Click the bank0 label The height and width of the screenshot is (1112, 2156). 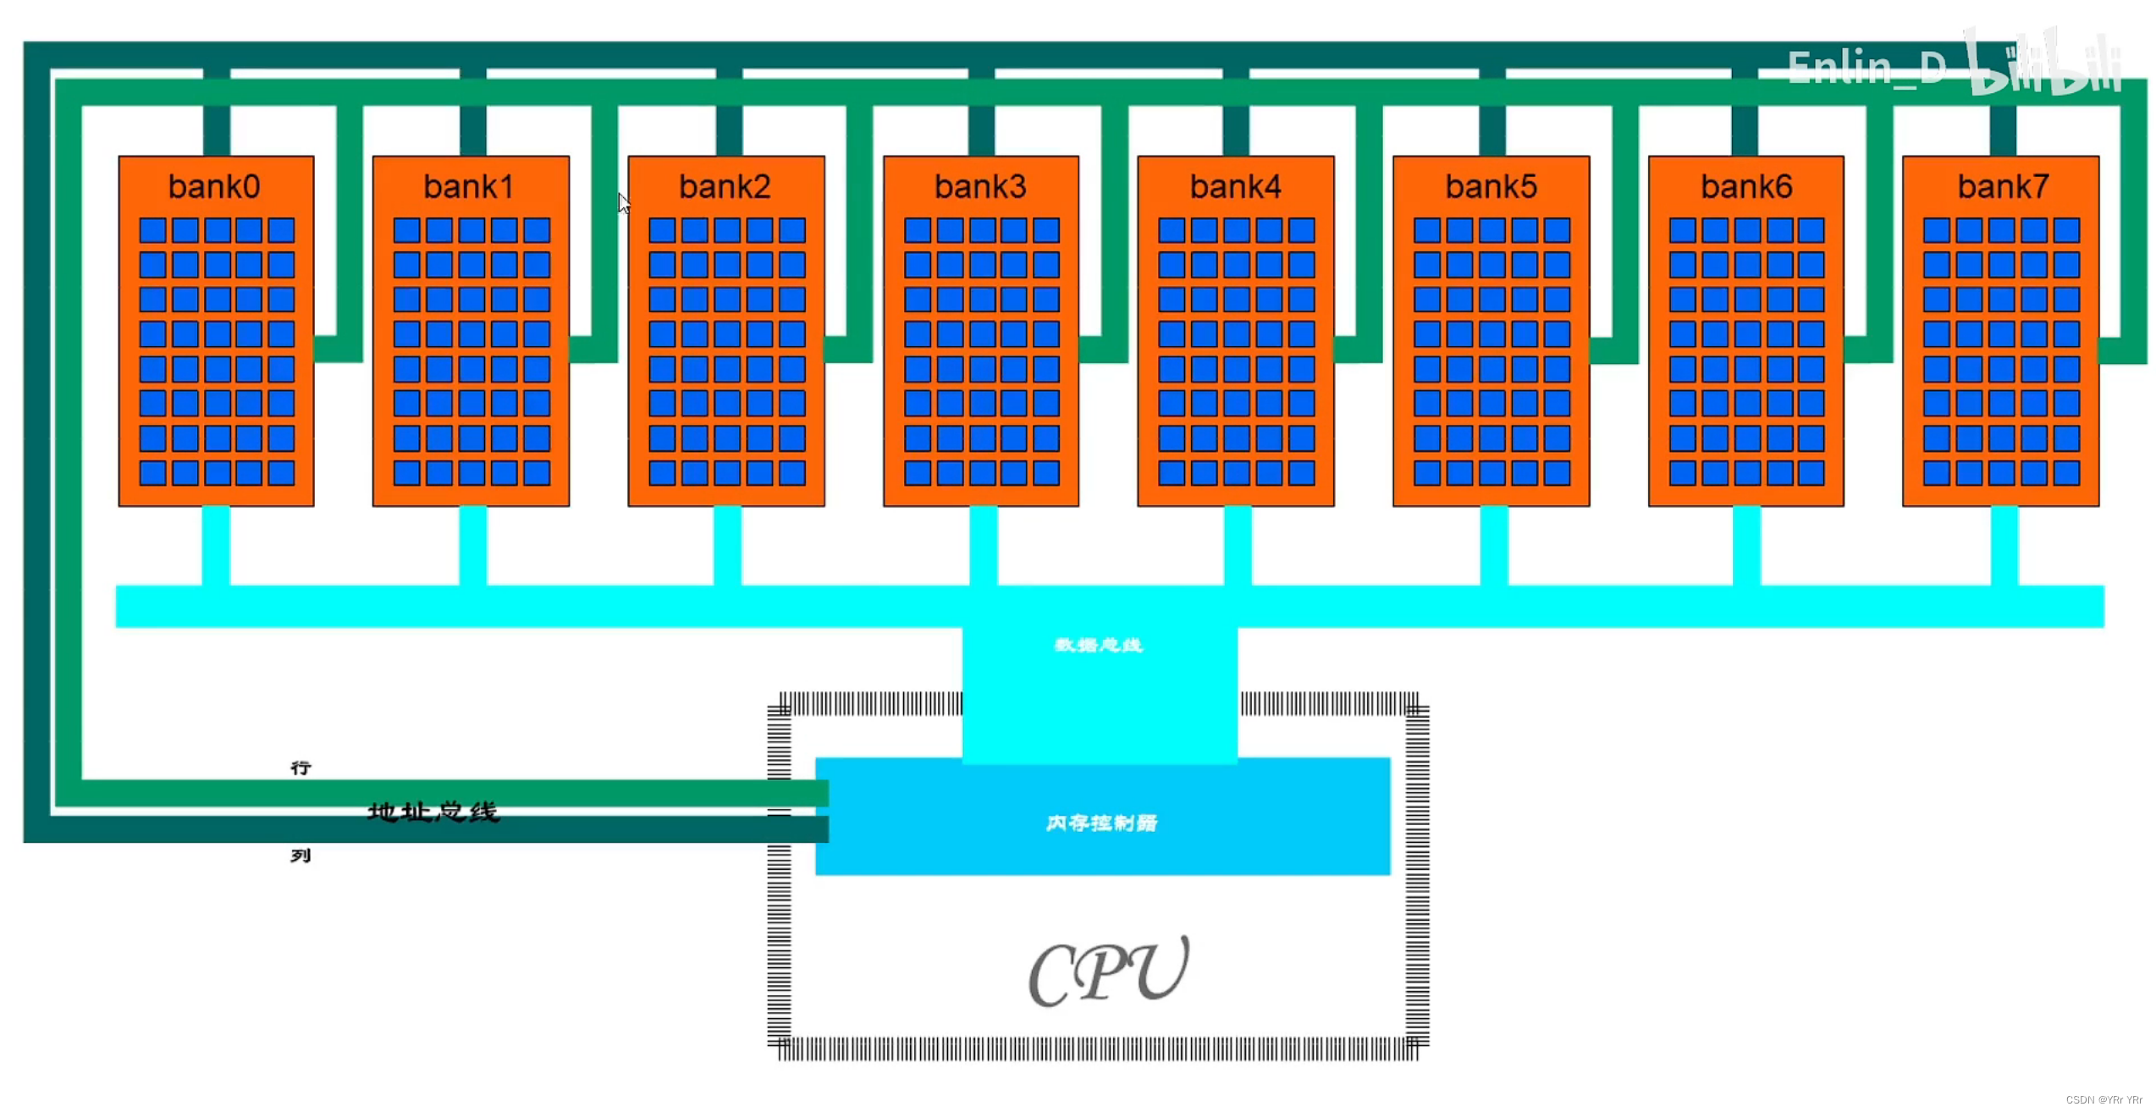[x=214, y=187]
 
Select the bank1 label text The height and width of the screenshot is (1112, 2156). [x=469, y=187]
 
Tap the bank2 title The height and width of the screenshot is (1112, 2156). [x=725, y=187]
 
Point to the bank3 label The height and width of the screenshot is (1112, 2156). [x=980, y=187]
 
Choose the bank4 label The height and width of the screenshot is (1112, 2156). [x=1235, y=187]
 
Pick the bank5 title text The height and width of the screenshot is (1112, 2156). [x=1491, y=187]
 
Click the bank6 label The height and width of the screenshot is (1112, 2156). [x=1746, y=187]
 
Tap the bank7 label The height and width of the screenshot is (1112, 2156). [x=2003, y=187]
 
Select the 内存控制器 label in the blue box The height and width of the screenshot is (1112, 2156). [x=1101, y=823]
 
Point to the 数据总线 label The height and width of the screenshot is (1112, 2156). [x=1099, y=646]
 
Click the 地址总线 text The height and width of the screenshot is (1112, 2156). [x=433, y=812]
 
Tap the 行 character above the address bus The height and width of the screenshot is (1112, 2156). [x=301, y=768]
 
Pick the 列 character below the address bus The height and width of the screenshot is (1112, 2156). [x=301, y=856]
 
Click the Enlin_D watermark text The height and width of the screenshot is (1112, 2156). [x=1867, y=68]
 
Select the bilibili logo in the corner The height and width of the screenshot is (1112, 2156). [x=2045, y=63]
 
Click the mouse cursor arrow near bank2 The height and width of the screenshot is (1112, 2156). [x=624, y=203]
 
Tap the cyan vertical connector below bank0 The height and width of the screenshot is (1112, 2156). [x=216, y=546]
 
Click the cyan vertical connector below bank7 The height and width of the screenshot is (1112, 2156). [x=2004, y=546]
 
